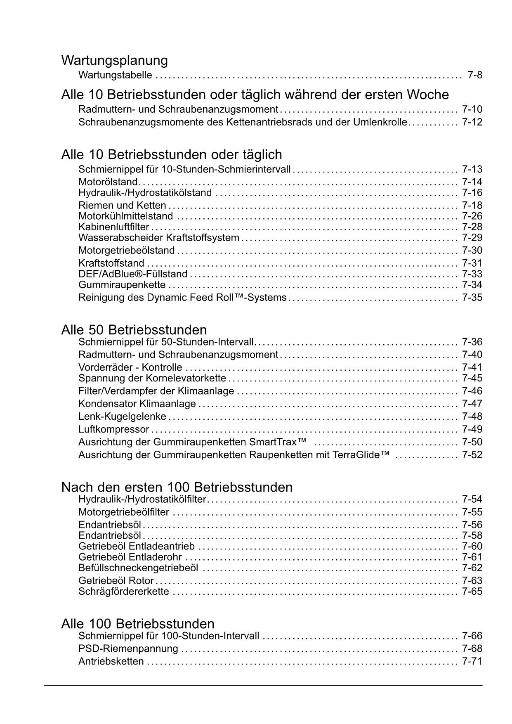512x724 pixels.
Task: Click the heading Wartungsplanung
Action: point(114,61)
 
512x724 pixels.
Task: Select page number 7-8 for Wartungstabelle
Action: point(475,76)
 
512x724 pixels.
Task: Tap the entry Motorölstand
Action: point(108,182)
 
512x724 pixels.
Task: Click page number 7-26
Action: point(472,216)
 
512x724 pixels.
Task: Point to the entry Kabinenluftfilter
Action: point(113,227)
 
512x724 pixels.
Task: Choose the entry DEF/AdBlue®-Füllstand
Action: point(132,274)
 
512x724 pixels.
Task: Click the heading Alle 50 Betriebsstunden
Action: point(134,330)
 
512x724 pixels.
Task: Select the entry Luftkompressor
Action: point(113,430)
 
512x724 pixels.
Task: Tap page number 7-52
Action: point(472,455)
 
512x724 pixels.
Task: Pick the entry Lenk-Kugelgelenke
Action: point(122,417)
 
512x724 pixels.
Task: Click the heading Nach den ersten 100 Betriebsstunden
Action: point(177,487)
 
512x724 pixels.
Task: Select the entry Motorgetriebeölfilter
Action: point(124,513)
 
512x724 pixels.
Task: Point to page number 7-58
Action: point(472,536)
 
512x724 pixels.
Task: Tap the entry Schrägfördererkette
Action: point(123,592)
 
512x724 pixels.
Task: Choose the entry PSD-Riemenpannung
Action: point(128,649)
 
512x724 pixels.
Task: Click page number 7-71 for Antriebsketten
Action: point(472,662)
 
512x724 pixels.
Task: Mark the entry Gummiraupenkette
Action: point(122,285)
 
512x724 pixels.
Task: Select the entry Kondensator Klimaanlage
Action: point(137,404)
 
